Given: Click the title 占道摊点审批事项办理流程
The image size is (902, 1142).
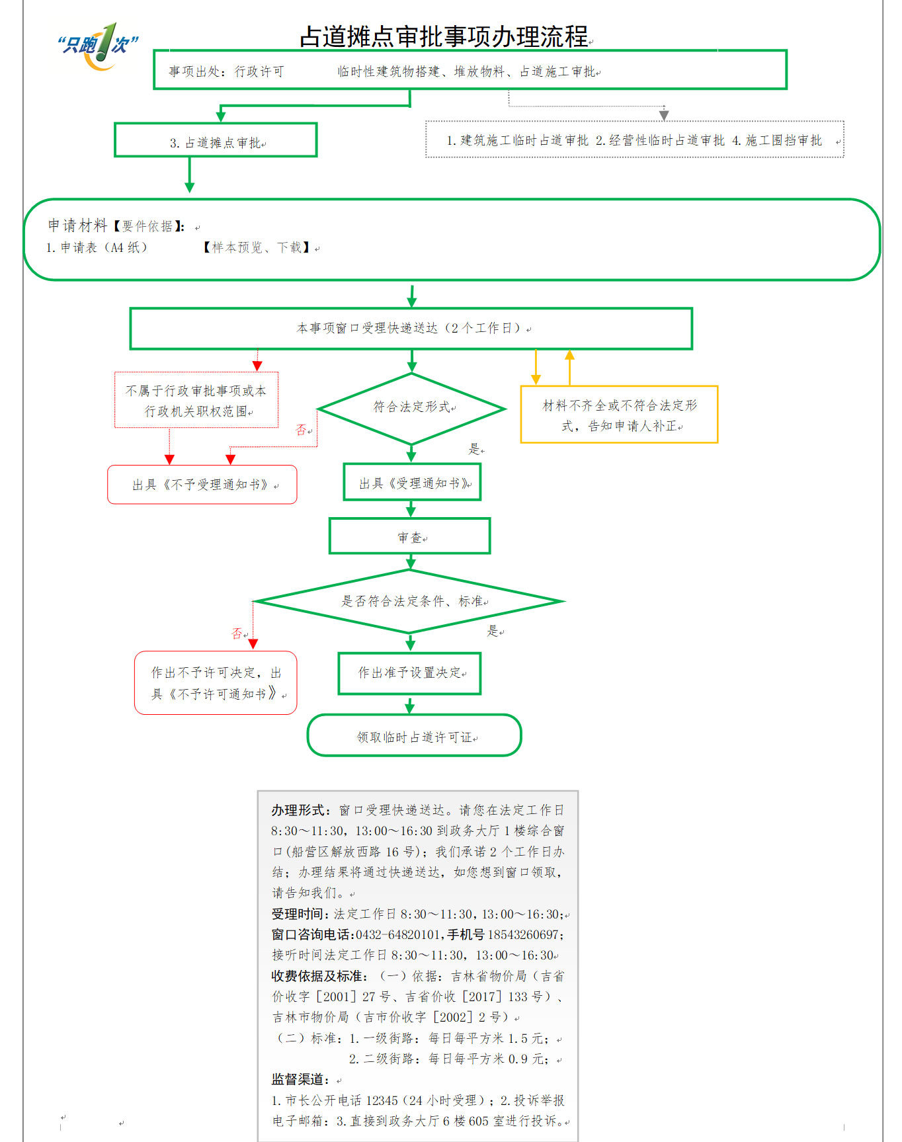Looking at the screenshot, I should coord(444,36).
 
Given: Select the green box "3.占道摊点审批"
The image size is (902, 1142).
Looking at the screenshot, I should coord(216,140).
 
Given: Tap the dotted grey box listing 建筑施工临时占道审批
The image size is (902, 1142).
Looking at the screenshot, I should coord(634,140).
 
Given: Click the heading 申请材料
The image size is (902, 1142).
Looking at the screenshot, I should coord(77,225).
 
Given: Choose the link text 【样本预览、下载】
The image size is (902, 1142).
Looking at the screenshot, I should coord(257,247).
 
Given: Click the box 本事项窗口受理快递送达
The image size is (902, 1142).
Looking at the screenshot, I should coord(411,328).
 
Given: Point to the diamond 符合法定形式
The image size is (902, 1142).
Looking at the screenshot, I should coord(411,407).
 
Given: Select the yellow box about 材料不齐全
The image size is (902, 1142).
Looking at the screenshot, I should coord(619,415).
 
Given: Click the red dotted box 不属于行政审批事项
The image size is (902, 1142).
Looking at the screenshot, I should coord(196,400).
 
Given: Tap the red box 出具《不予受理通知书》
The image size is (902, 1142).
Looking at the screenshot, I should coord(202,485).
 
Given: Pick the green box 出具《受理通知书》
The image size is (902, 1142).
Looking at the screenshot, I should coord(412,483).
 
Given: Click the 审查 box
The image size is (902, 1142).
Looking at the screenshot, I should coord(410,536).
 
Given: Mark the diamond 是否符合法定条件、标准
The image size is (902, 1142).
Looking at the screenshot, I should coord(410,601).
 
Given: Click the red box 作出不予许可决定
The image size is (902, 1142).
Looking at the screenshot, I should coord(216,682).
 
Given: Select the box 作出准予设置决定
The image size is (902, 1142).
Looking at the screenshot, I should coord(409,673).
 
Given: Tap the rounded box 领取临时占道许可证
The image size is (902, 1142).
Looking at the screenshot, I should coord(414,736).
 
